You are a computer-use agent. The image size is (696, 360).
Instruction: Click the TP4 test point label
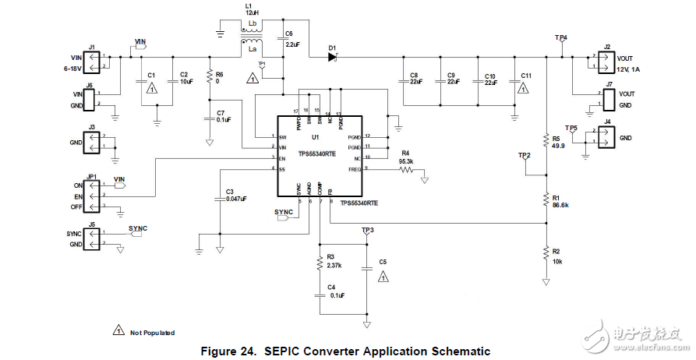(561, 37)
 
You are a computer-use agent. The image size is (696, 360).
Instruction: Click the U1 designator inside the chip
(315, 137)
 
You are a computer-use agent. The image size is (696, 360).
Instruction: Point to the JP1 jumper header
(92, 196)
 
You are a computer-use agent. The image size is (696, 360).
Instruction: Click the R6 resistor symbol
(209, 76)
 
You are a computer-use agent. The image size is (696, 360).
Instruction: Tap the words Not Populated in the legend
(152, 333)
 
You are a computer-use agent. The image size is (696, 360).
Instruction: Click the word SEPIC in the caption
(286, 351)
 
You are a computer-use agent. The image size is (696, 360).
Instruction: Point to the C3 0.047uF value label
(236, 199)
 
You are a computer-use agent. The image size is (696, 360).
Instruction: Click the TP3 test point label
(368, 231)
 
